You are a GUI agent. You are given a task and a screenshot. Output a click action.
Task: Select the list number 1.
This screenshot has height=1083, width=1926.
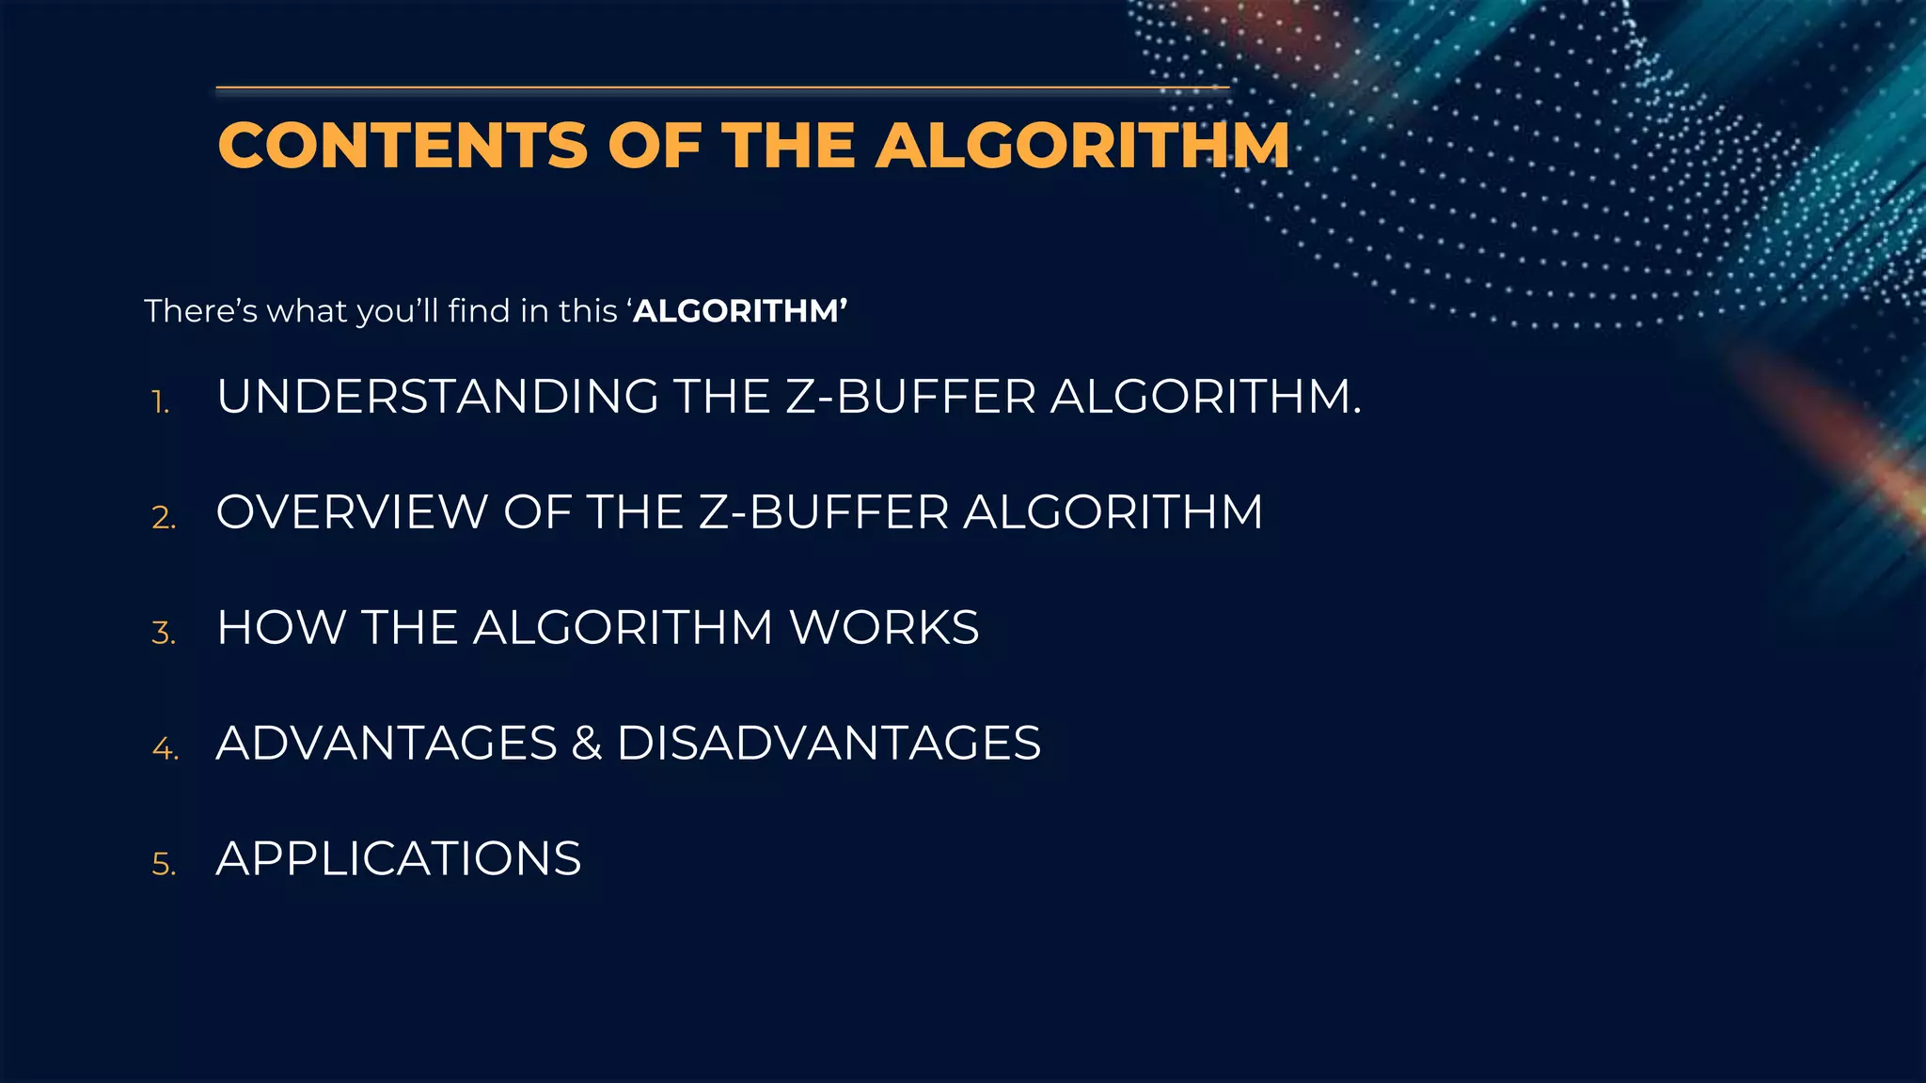pos(161,402)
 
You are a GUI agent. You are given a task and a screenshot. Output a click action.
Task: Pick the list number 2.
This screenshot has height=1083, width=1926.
pos(164,518)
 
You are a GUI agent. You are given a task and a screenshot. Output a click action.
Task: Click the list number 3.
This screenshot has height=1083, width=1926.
pos(164,634)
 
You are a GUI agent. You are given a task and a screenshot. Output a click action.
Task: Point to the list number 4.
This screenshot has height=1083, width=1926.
pos(165,749)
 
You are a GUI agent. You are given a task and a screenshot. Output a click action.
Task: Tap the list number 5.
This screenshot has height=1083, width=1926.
pos(164,865)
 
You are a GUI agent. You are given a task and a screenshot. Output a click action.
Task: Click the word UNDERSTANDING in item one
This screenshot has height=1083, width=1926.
pos(437,396)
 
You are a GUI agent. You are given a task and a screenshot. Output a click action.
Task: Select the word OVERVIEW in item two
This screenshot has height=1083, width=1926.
pos(351,512)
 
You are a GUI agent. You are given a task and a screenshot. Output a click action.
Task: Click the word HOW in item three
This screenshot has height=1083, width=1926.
pos(281,628)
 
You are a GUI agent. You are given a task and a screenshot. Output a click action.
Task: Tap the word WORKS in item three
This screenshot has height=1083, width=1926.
pos(884,628)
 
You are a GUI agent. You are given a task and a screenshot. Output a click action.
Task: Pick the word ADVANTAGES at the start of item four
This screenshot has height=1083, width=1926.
pos(387,744)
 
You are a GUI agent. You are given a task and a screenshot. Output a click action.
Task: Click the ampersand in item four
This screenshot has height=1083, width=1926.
pos(587,744)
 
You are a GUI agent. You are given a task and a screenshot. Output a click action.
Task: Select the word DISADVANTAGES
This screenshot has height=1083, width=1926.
pos(829,744)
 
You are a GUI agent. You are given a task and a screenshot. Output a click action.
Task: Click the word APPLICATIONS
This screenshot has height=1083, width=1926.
pos(399,859)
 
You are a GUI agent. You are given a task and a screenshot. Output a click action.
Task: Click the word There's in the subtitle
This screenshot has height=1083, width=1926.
pos(200,310)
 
